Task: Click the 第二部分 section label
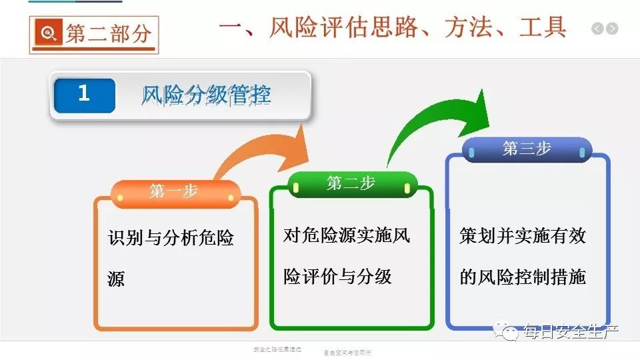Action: tap(108, 33)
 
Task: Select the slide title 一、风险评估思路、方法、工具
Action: tap(393, 27)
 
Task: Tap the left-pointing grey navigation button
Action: tap(597, 29)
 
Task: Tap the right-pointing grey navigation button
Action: tap(612, 29)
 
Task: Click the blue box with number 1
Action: tap(84, 94)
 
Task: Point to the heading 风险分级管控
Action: tap(206, 95)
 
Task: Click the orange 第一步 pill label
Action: tap(174, 192)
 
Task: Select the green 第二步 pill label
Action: tap(351, 183)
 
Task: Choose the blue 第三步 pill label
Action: tap(527, 149)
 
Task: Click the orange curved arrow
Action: tap(267, 150)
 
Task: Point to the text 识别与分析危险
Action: tap(171, 238)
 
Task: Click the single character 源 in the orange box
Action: tap(116, 279)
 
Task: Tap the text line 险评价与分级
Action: tap(338, 276)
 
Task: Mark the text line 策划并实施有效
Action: tap(523, 236)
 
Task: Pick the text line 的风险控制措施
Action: tap(523, 277)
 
